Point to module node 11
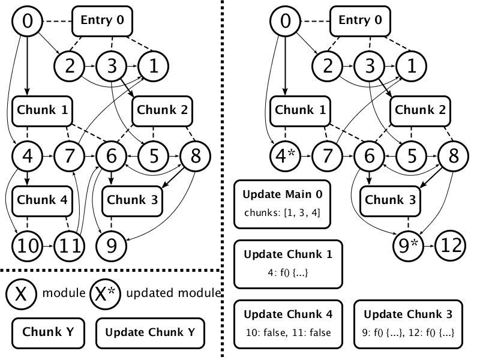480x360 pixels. pos(70,245)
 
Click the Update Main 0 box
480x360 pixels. pos(282,204)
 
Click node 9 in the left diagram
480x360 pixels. pos(111,245)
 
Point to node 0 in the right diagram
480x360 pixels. pos(286,22)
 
